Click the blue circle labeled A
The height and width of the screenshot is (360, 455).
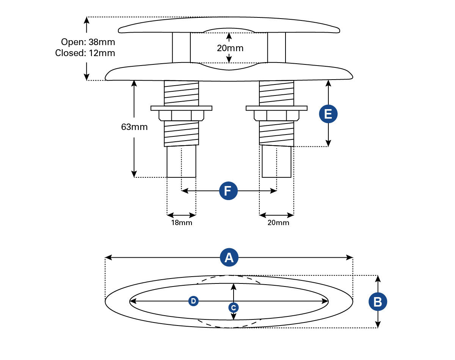229,258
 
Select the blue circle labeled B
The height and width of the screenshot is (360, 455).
378,302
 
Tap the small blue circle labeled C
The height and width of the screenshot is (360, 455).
234,307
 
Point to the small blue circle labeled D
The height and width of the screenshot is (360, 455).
193,301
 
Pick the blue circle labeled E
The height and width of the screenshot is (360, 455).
328,114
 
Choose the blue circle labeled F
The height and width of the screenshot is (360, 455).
228,191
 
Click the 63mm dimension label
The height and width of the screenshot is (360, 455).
134,127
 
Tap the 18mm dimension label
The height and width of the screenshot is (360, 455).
182,223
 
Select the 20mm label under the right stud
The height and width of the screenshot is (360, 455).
278,223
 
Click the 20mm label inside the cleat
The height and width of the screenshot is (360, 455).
230,48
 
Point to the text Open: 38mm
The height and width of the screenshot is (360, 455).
88,42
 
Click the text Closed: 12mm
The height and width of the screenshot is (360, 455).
85,53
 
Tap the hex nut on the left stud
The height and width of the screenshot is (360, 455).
181,115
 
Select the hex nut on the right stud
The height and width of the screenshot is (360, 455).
276,115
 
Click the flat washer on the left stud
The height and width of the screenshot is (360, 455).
181,108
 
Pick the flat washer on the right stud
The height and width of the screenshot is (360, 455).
276,108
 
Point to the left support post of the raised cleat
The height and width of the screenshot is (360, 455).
181,48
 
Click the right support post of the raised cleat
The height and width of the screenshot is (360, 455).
276,48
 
